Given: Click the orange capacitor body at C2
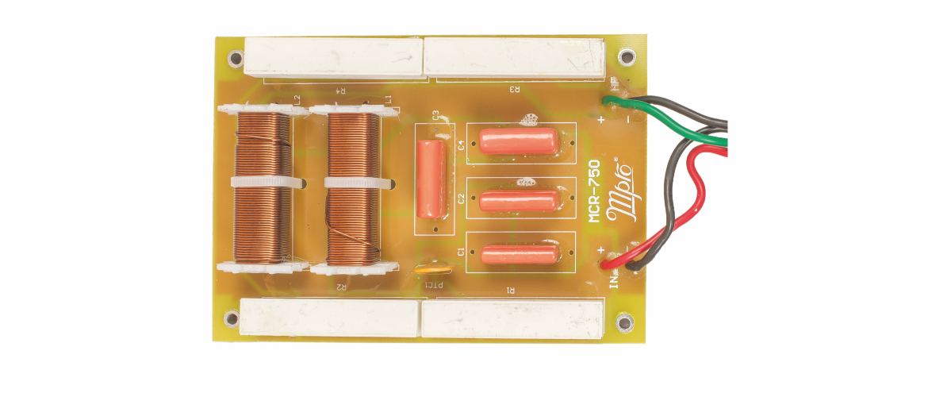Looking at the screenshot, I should (520, 200).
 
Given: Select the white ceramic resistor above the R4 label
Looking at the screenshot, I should (335, 58).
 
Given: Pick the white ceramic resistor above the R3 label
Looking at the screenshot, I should (516, 58).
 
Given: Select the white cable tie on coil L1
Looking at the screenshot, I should (356, 183).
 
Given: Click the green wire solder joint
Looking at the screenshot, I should (610, 102).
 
